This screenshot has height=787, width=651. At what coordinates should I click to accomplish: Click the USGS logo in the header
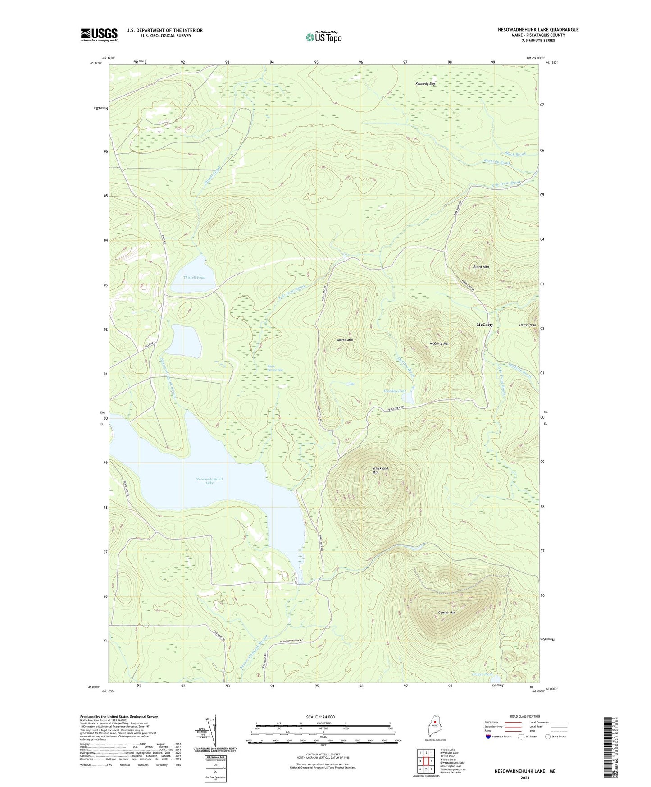[99, 35]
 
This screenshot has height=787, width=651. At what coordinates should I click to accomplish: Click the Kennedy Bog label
[425, 84]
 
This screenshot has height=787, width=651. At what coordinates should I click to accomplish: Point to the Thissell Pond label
[194, 277]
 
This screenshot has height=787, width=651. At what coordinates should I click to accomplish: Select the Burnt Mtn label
[481, 267]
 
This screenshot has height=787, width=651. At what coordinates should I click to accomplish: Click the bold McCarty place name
[485, 325]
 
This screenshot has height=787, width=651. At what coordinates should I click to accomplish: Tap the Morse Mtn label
[345, 339]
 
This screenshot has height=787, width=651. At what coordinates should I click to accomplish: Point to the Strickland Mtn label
[380, 470]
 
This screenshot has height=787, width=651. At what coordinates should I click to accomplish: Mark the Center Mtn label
[447, 613]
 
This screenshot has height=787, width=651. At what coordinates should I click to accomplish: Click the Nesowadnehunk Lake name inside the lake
[209, 481]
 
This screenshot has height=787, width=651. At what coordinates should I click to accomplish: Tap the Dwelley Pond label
[395, 391]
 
